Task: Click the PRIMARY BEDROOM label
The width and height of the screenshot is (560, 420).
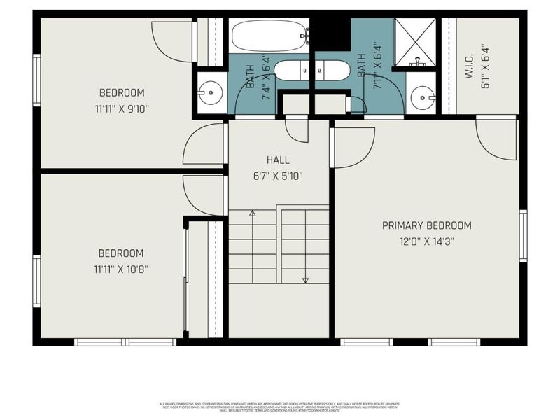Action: (x=426, y=225)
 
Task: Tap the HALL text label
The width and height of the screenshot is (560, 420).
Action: (x=277, y=160)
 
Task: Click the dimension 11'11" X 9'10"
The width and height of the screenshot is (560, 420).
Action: (x=121, y=108)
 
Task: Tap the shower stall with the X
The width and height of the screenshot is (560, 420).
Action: (x=414, y=43)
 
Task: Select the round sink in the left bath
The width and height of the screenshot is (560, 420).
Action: (x=210, y=90)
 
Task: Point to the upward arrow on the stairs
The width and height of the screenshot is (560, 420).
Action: (x=252, y=212)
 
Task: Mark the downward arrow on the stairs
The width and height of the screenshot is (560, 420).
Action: (x=305, y=280)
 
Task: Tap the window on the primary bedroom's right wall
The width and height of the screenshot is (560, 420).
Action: (x=523, y=234)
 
